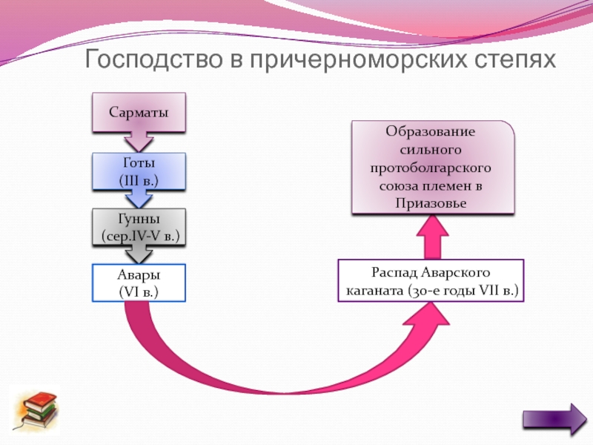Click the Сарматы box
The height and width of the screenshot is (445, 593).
pos(139,113)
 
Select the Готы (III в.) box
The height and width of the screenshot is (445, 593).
pos(139,171)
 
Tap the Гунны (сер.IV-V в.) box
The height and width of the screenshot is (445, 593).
pos(139,227)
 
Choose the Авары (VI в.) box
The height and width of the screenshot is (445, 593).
pos(139,283)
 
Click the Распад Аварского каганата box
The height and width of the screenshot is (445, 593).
pos(431,280)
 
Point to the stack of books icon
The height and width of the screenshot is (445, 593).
pos(36,411)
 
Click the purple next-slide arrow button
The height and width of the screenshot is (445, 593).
pos(555,419)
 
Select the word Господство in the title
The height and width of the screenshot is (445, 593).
pos(153,59)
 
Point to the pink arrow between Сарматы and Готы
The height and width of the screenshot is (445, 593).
pos(139,142)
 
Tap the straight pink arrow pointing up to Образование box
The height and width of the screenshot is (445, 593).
pos(433,237)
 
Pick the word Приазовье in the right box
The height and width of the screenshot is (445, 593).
pos(431,203)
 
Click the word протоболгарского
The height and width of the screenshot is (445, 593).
pos(431,168)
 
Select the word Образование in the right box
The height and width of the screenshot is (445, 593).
pos(431,132)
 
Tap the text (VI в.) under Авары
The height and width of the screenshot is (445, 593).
pos(139,292)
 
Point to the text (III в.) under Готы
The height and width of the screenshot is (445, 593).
pos(139,180)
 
